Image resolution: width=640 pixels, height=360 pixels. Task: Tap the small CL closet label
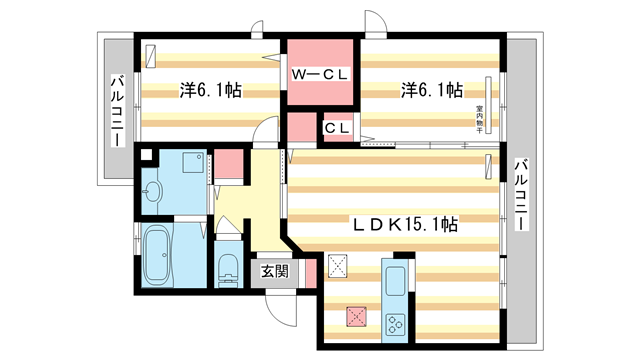pos(335,127)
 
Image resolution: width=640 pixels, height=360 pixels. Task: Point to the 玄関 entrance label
pos(275,271)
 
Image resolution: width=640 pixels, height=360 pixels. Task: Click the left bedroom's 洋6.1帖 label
pos(210,91)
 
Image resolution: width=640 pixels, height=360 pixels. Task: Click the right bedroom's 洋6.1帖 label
pos(432,91)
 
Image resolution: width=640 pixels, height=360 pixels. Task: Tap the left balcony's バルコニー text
pos(116,109)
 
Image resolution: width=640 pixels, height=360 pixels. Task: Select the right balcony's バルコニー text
pos(520,194)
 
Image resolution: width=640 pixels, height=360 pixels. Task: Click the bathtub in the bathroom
pos(156,255)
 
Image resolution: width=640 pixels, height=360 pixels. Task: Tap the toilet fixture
pos(227,267)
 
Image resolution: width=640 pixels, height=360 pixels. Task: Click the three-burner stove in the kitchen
pos(394,322)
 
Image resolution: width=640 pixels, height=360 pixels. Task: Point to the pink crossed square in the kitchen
pos(354,316)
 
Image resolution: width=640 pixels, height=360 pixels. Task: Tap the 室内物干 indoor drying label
pos(479,118)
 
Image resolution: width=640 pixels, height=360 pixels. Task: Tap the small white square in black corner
pos(147,155)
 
